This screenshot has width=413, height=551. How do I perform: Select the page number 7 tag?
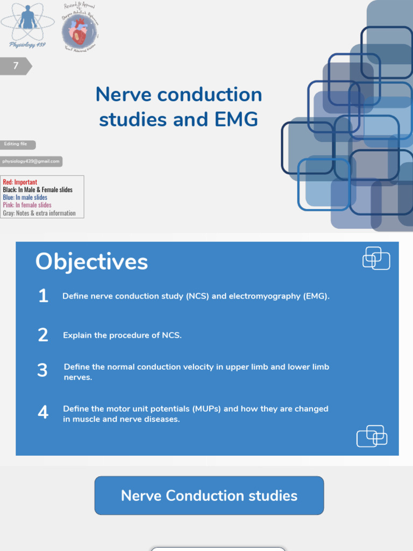pyautogui.click(x=17, y=66)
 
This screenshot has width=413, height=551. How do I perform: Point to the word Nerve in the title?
pyautogui.click(x=123, y=95)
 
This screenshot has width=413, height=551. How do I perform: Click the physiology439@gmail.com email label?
pyautogui.click(x=31, y=161)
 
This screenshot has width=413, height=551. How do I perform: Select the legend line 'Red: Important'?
pyautogui.click(x=20, y=182)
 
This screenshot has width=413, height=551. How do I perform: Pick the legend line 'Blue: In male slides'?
pyautogui.click(x=25, y=197)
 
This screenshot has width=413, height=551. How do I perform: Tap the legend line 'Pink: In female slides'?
pyautogui.click(x=27, y=205)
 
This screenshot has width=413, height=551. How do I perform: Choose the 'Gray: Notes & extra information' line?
pyautogui.click(x=39, y=213)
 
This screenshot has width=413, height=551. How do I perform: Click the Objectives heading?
pyautogui.click(x=91, y=262)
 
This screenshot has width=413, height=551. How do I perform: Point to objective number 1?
pyautogui.click(x=43, y=296)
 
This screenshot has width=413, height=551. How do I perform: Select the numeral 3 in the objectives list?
pyautogui.click(x=42, y=371)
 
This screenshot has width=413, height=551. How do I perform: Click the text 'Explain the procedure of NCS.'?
pyautogui.click(x=122, y=335)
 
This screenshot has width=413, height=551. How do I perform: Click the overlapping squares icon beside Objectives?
pyautogui.click(x=376, y=258)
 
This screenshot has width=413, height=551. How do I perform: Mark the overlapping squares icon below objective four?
pyautogui.click(x=372, y=436)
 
